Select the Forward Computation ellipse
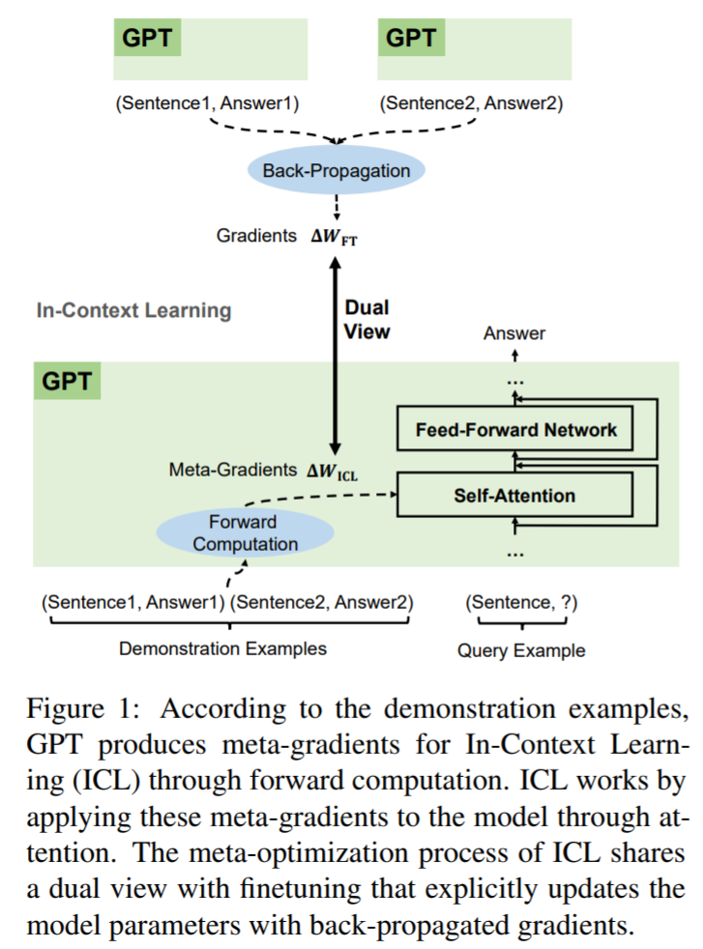(x=245, y=533)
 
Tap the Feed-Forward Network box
(x=515, y=430)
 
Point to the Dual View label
(x=367, y=319)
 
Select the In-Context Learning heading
(x=133, y=310)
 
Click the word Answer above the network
(x=514, y=333)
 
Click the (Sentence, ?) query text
(x=521, y=602)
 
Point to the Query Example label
(x=521, y=650)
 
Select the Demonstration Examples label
(x=222, y=648)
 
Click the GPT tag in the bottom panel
(x=67, y=381)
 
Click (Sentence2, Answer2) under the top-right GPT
(x=471, y=101)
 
